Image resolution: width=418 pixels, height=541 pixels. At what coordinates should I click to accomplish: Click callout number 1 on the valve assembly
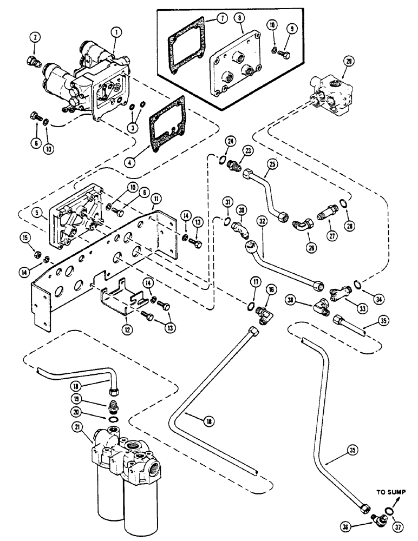(115, 32)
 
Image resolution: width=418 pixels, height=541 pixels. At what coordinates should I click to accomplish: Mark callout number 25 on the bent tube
(272, 162)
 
